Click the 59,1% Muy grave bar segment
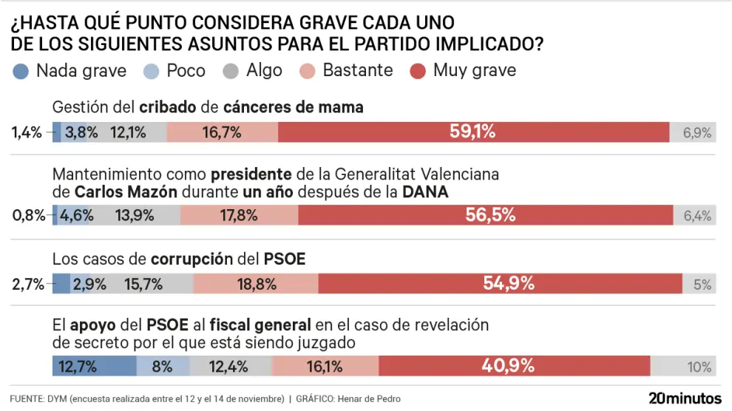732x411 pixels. (473, 132)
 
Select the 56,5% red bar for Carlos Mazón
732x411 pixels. (485, 215)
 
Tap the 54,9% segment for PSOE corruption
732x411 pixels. (500, 283)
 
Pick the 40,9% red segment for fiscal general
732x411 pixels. (515, 366)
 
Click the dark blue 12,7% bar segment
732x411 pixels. (94, 366)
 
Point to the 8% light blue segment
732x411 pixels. (163, 366)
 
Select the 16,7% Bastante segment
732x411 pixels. (222, 132)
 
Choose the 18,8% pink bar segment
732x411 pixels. (256, 283)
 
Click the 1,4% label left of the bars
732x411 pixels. (26, 133)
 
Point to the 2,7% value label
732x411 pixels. (28, 284)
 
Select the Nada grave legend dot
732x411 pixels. (21, 71)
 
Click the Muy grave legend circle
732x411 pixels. (418, 71)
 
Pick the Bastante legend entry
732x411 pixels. (348, 71)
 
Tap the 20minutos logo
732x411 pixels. (684, 398)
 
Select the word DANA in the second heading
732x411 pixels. (424, 191)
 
